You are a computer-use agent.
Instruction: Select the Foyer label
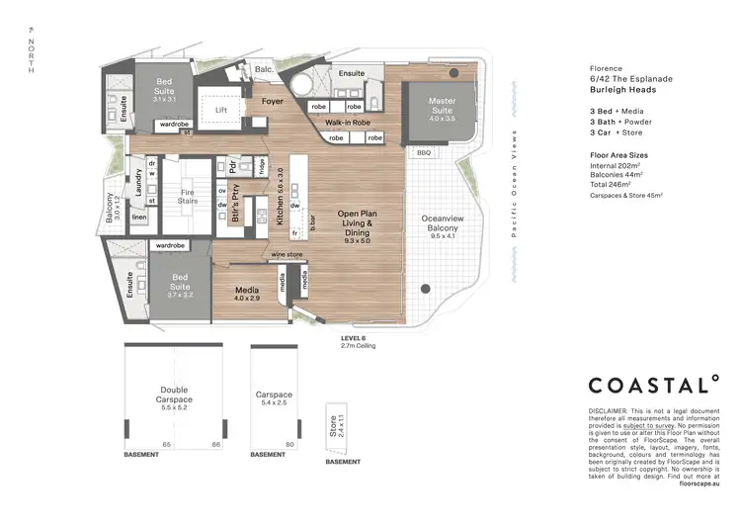[273, 101]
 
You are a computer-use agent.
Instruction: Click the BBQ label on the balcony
[425, 153]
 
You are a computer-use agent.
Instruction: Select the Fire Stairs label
[188, 196]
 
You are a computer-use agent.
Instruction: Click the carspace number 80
[289, 445]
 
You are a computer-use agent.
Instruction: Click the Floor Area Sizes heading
[620, 155]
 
